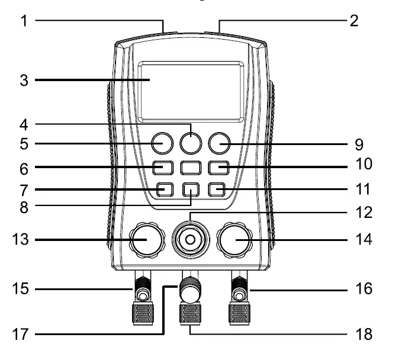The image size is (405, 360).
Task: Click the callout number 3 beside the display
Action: tap(24, 79)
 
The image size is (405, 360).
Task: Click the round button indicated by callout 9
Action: tap(218, 143)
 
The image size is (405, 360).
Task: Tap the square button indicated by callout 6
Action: tap(162, 168)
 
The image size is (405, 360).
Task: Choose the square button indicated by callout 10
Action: tap(218, 168)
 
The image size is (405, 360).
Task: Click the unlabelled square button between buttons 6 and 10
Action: tap(191, 168)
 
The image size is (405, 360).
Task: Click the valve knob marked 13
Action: tap(146, 239)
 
